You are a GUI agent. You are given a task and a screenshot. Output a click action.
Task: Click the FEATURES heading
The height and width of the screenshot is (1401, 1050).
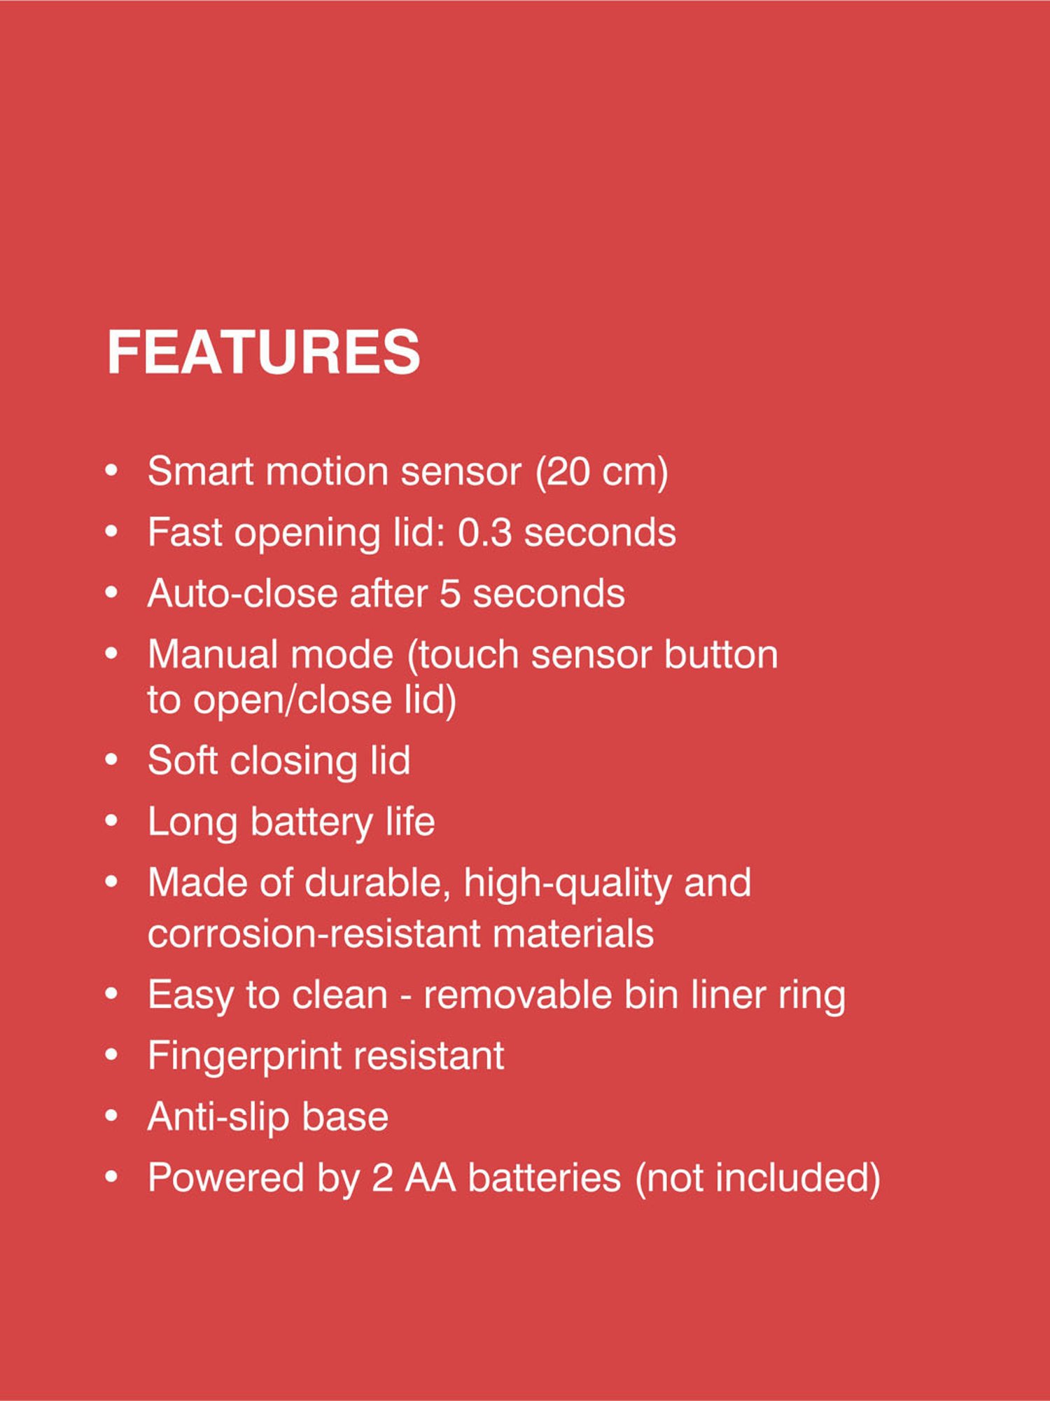(x=263, y=352)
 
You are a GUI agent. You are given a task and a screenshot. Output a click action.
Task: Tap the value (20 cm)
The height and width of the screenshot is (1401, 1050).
(x=602, y=471)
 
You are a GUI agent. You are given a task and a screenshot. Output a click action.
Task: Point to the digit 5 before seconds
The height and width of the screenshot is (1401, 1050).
(x=450, y=593)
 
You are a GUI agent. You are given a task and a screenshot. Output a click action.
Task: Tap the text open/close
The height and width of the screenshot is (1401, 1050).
(x=293, y=699)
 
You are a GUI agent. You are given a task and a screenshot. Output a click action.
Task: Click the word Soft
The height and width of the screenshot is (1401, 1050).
(x=183, y=761)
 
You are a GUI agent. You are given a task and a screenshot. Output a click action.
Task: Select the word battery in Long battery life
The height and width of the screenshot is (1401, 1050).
(x=311, y=822)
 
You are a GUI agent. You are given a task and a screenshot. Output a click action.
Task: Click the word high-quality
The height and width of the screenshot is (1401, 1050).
(x=568, y=883)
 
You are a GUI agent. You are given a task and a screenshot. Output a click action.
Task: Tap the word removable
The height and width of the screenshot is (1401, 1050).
(x=517, y=995)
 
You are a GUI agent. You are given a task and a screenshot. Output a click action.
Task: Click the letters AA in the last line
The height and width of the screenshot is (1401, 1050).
(x=430, y=1178)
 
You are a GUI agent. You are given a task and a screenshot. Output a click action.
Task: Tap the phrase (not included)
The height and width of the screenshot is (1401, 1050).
(x=757, y=1178)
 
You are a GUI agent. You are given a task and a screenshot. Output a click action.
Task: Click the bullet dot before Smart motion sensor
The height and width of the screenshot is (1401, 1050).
(x=111, y=471)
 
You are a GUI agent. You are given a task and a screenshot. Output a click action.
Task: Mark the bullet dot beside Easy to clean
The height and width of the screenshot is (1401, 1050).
(x=111, y=995)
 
